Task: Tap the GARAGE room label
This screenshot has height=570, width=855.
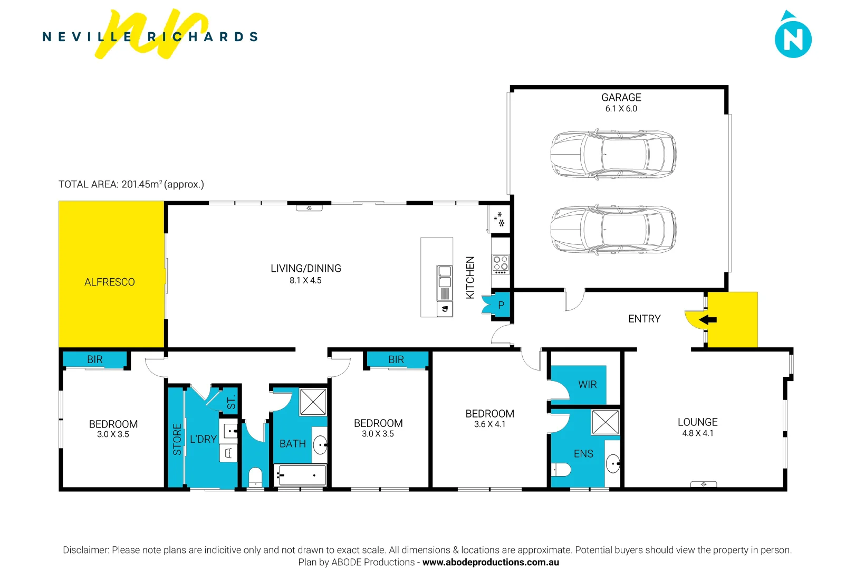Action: [621, 98]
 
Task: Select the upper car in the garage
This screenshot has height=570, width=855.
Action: [613, 154]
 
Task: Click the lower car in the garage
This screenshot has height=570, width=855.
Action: [613, 230]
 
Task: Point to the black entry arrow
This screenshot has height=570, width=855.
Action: [708, 319]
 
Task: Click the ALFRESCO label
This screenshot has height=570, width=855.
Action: [110, 282]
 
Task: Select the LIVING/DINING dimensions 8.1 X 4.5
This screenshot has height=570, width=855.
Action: [305, 281]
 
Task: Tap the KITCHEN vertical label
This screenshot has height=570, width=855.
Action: [470, 278]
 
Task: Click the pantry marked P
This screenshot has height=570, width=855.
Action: [501, 305]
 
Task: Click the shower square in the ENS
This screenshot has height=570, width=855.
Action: [605, 422]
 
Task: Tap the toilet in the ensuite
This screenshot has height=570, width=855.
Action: [561, 469]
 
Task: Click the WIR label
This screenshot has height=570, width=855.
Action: [587, 385]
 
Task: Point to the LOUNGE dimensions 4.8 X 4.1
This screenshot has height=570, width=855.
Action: [697, 433]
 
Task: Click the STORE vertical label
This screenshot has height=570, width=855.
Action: [177, 439]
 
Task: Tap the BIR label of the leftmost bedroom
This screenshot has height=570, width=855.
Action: [95, 359]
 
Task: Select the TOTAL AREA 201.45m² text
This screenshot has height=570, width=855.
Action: [131, 184]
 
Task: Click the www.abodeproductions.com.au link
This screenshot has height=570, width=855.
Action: [491, 562]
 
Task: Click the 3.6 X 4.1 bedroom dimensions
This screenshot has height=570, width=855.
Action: [489, 424]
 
